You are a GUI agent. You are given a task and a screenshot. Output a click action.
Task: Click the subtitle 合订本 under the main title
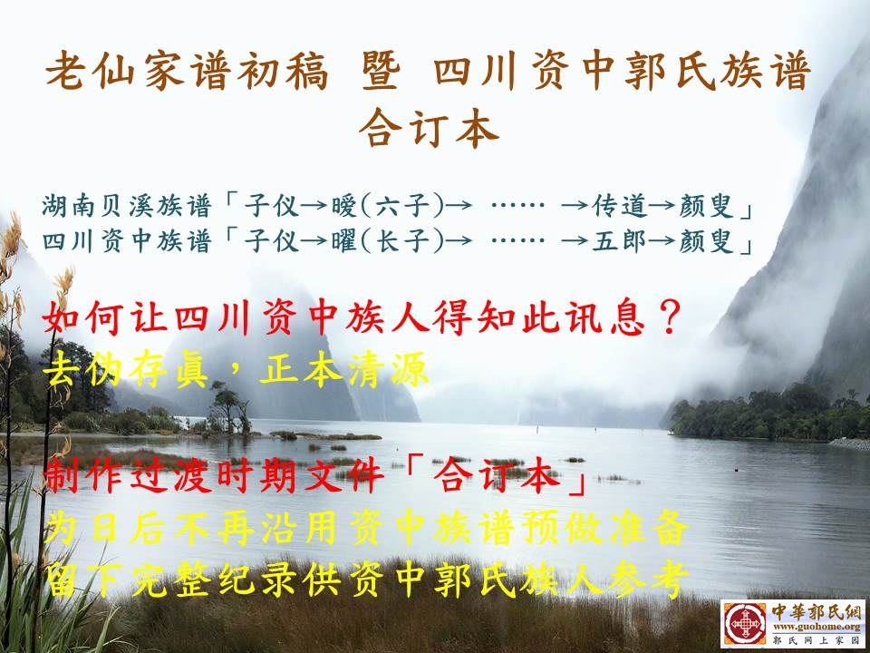[x=429, y=128]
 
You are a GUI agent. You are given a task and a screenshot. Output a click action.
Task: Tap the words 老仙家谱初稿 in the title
[x=187, y=71]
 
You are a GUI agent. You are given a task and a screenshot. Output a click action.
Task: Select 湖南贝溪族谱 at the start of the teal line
[x=127, y=206]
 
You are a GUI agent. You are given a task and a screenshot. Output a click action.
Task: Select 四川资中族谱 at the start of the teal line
[x=127, y=241]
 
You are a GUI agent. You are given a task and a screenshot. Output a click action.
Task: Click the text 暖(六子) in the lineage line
[x=388, y=206]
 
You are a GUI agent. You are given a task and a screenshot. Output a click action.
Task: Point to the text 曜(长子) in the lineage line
[x=388, y=241]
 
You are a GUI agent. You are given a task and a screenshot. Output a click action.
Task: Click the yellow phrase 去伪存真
[x=128, y=369]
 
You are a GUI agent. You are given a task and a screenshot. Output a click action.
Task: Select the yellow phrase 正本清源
[x=344, y=369]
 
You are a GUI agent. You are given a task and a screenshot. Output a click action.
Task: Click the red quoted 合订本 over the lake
[x=497, y=476]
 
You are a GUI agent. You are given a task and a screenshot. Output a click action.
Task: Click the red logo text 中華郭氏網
[x=817, y=612]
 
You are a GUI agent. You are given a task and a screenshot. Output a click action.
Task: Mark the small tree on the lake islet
[x=228, y=407]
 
